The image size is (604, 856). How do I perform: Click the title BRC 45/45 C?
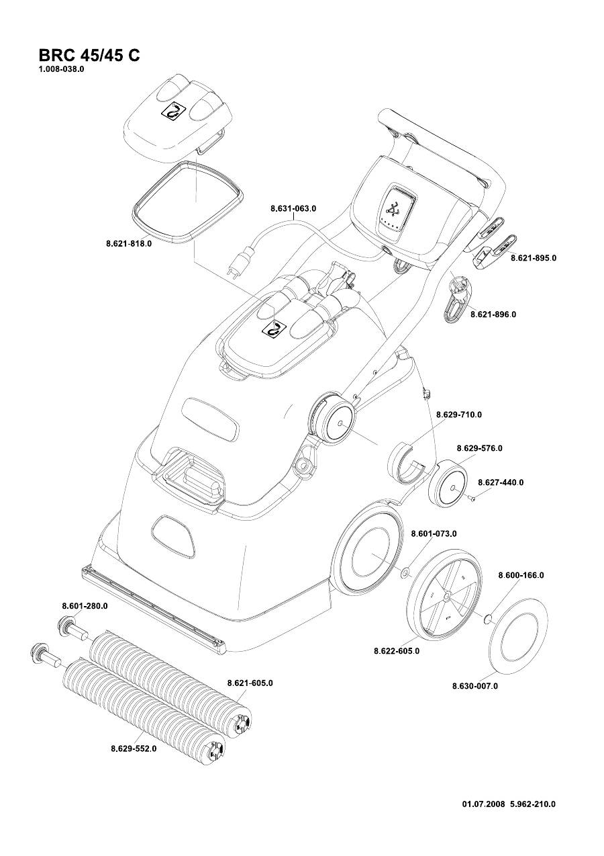(89, 55)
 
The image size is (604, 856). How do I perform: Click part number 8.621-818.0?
(129, 244)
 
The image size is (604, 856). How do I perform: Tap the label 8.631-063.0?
(293, 209)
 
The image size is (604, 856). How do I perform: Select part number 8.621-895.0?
(534, 258)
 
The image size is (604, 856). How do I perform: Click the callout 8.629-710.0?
(459, 415)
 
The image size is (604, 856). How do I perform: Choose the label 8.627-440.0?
(501, 482)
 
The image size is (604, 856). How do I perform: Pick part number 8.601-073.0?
(434, 533)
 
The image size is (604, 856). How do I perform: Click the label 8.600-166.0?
(521, 575)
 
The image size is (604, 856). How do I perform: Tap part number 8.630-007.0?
(475, 686)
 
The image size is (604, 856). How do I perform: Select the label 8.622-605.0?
(397, 651)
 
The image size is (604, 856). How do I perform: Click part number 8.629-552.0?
(134, 748)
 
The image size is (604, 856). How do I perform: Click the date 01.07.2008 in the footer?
(483, 804)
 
